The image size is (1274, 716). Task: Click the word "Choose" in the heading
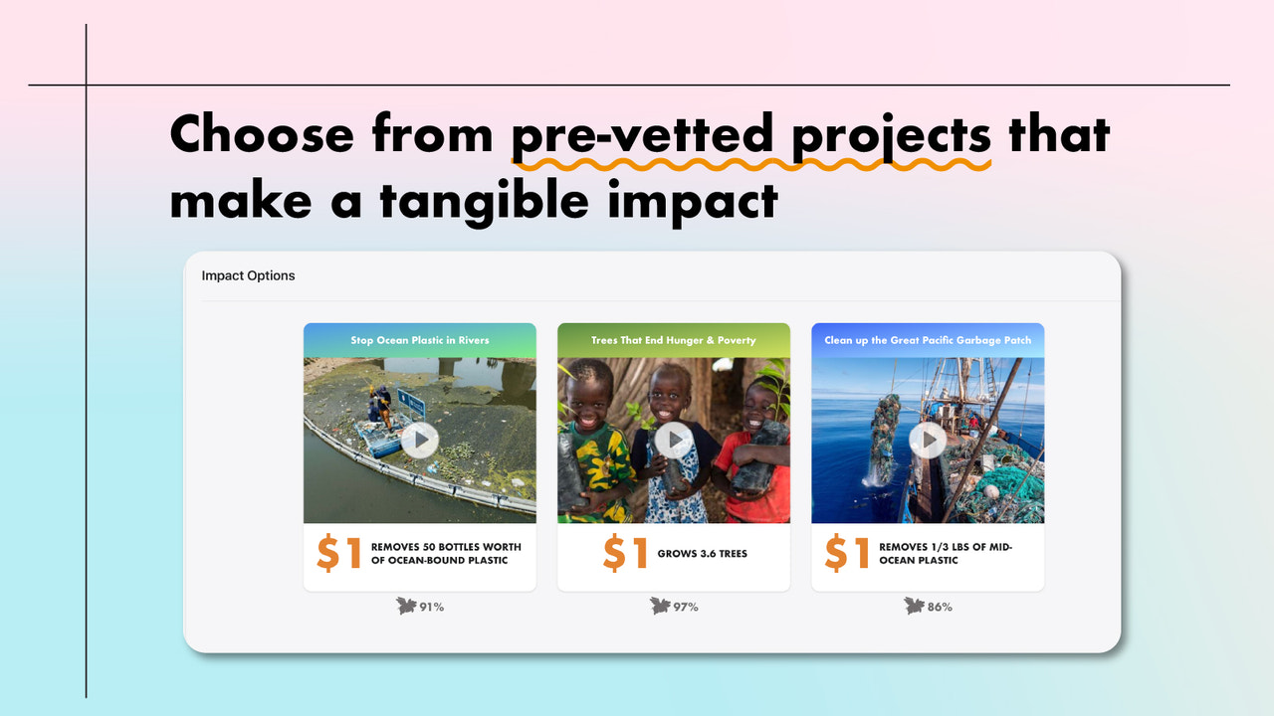click(261, 133)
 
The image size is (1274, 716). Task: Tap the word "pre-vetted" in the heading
click(642, 133)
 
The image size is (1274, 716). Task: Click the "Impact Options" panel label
click(248, 275)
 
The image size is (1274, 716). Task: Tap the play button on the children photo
click(674, 440)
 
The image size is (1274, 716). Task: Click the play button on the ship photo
click(928, 440)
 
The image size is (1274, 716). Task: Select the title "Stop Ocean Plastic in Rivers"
click(419, 340)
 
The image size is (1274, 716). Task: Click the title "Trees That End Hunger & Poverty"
click(674, 340)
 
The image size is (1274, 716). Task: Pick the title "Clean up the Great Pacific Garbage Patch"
click(928, 340)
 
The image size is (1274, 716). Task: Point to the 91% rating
click(431, 607)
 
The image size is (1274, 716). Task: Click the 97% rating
click(685, 607)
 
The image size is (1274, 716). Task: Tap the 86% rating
click(940, 607)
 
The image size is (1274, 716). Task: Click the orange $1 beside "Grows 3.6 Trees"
click(626, 554)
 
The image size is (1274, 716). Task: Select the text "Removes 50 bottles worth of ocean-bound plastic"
click(446, 554)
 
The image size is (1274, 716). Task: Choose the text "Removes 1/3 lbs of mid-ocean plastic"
click(945, 554)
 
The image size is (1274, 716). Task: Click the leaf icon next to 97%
click(659, 606)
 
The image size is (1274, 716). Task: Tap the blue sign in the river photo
click(411, 403)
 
